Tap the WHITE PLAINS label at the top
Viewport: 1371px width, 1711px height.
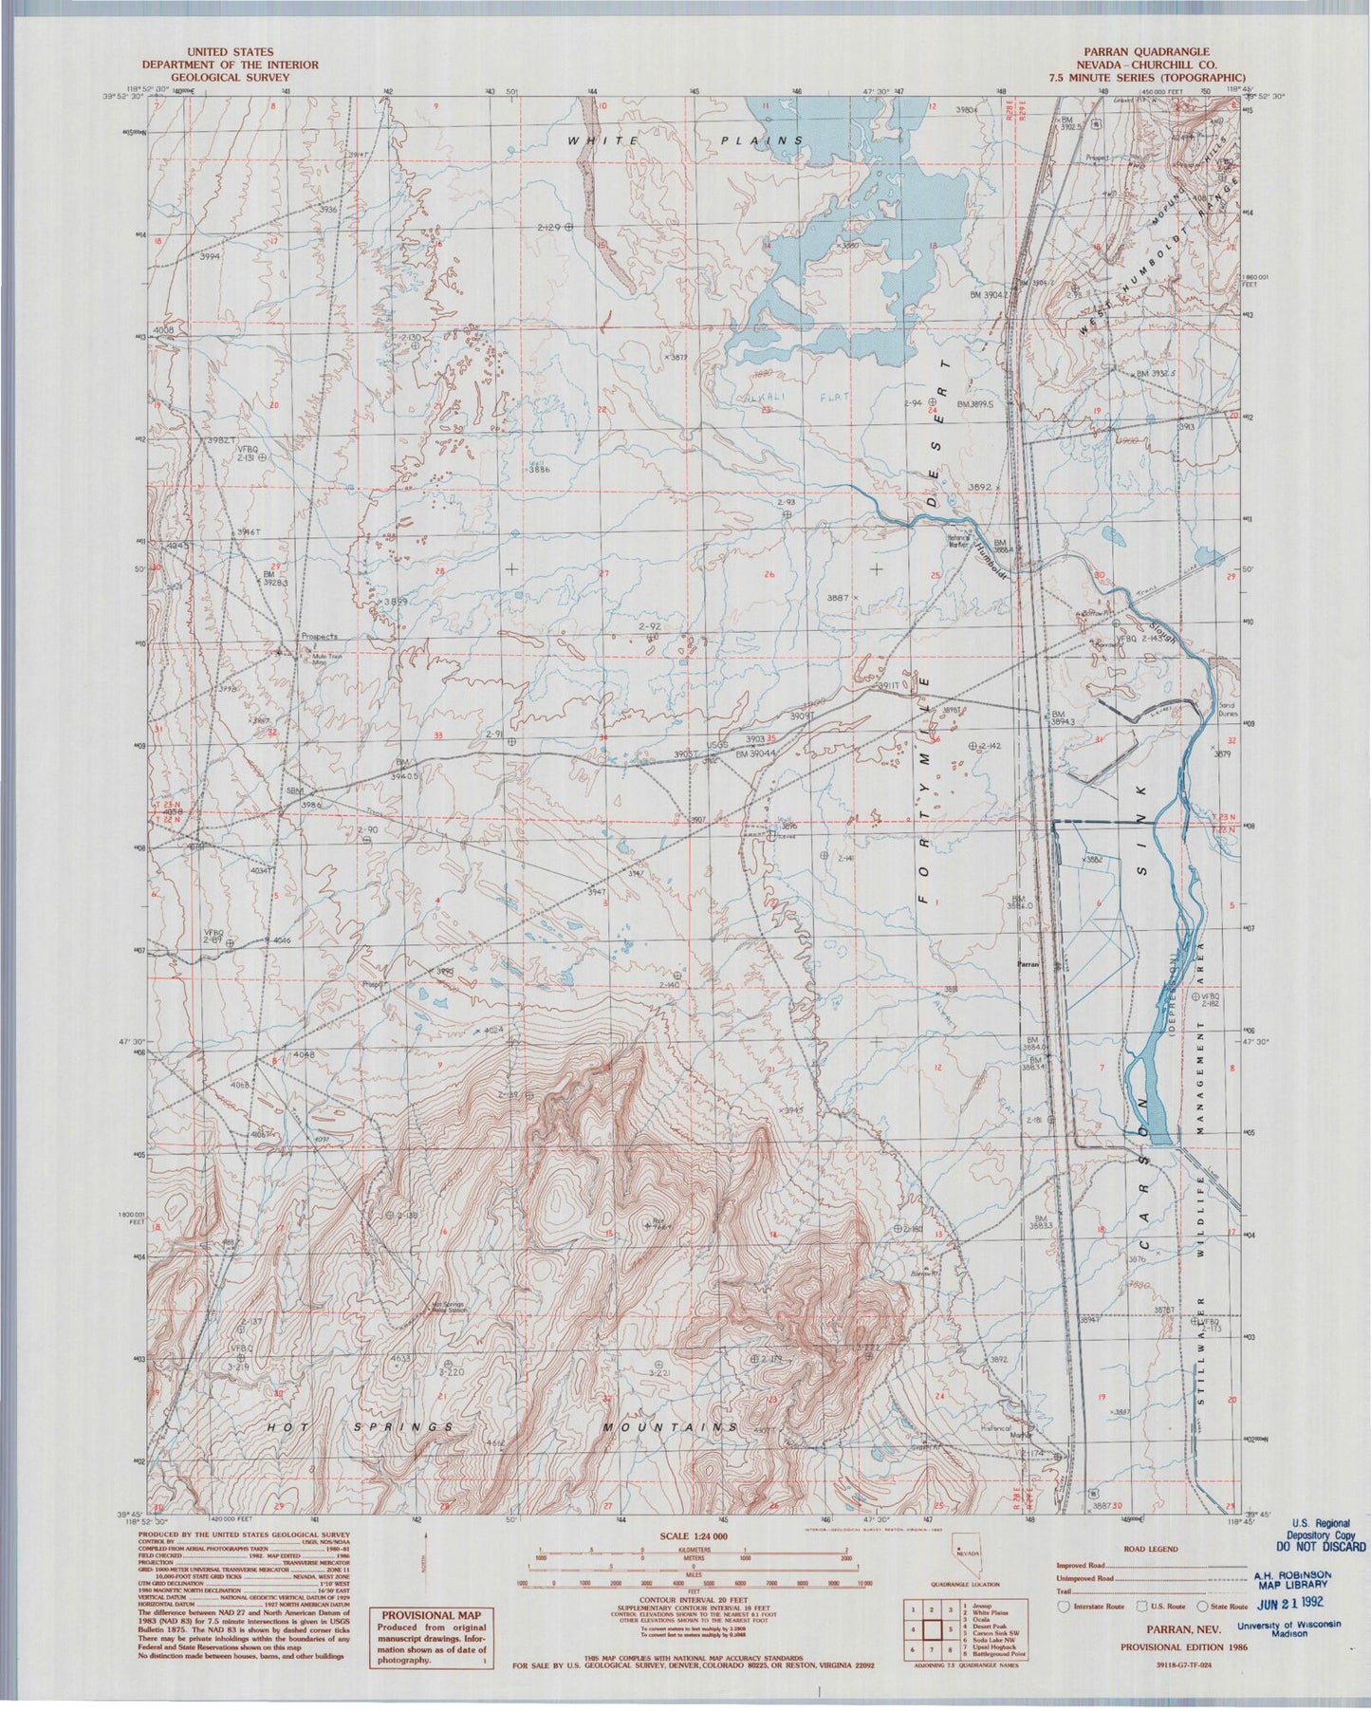(684, 140)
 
